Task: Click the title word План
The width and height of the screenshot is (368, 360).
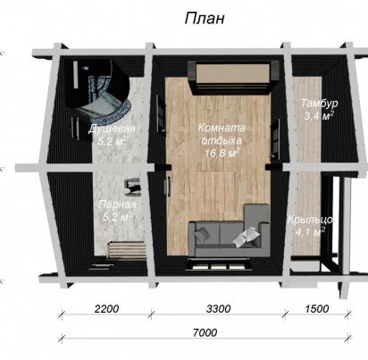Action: (205, 19)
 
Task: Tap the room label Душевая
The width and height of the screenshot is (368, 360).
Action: (112, 130)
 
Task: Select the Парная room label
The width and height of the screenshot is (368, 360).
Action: (117, 205)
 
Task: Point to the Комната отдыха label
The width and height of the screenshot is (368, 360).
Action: (222, 134)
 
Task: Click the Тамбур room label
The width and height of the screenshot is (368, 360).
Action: (319, 104)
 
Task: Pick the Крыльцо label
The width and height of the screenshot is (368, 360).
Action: (310, 220)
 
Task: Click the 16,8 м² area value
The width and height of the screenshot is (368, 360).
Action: (222, 153)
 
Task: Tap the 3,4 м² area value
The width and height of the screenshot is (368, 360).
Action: (319, 116)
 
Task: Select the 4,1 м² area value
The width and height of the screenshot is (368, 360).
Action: (310, 231)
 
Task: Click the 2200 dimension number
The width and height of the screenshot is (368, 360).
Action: (106, 309)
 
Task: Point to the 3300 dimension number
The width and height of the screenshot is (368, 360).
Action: (218, 309)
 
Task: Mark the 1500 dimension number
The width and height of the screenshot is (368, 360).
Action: (317, 309)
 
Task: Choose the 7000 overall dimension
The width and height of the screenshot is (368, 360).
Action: (205, 332)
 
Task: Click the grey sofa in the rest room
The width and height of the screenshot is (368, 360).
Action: (230, 235)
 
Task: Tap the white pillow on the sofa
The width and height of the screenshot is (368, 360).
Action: (246, 236)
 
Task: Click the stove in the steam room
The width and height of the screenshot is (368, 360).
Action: (133, 187)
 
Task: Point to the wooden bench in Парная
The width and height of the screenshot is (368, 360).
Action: (127, 248)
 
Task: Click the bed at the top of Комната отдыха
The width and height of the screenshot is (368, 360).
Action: (233, 77)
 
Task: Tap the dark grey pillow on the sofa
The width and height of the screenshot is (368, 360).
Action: (203, 234)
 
